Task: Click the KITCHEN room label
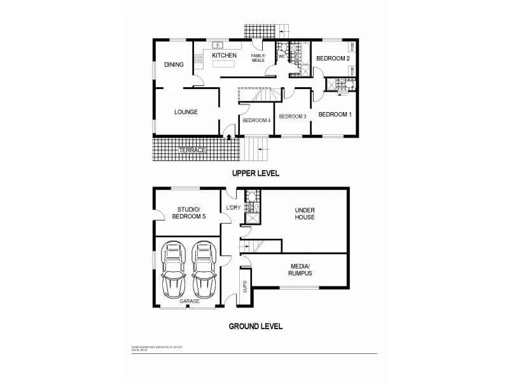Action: [225, 56]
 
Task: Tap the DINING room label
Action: [174, 65]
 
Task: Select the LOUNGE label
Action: [186, 112]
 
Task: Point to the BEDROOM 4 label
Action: [256, 120]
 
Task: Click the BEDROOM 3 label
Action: [293, 116]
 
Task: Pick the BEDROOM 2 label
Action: [333, 59]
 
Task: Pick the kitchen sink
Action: [217, 45]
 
